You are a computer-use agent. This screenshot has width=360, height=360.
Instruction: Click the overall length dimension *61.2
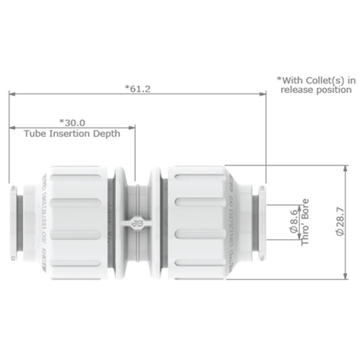138,88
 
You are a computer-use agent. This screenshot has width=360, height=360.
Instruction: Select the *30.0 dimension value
72,122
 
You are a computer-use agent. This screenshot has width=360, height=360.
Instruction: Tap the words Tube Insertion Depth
72,134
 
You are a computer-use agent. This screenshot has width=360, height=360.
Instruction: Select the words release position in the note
317,89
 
